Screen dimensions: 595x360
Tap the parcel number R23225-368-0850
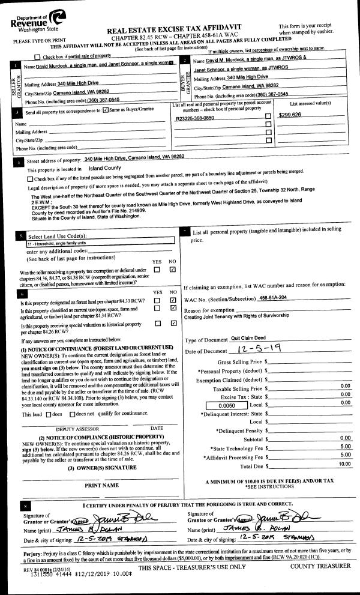(x=195, y=119)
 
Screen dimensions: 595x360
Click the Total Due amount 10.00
(x=344, y=464)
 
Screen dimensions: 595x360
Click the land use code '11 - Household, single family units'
(x=65, y=244)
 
